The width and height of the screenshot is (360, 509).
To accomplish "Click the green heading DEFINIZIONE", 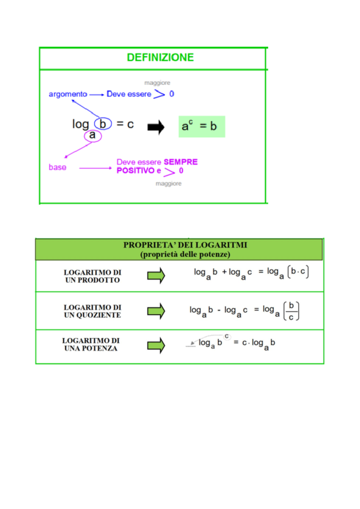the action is [x=160, y=57].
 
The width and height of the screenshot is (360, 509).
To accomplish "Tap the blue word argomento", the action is [x=68, y=94].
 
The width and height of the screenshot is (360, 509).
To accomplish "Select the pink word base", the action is [x=58, y=167].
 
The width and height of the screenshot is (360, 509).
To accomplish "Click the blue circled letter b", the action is [x=103, y=124].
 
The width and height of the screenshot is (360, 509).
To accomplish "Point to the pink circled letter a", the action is [x=93, y=136].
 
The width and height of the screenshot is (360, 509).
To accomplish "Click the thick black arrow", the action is [x=156, y=127].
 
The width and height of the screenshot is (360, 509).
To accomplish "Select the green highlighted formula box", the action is [x=202, y=127].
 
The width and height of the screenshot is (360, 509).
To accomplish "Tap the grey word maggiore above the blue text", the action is [x=157, y=83].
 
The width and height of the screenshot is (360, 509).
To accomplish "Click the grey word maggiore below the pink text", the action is [x=168, y=184].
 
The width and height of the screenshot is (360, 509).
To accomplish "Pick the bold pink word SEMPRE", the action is [x=181, y=162].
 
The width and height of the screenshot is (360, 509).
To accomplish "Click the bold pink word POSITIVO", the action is [x=135, y=170].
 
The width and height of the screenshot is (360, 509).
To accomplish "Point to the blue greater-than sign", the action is [x=159, y=94].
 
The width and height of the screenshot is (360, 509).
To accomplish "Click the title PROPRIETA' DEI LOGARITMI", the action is [x=185, y=245].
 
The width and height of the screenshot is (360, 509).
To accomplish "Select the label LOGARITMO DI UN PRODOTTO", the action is [x=92, y=276].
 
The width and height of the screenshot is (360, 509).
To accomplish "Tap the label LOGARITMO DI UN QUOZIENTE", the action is [x=92, y=311].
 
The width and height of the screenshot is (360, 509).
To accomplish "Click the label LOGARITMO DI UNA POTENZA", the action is [x=91, y=345].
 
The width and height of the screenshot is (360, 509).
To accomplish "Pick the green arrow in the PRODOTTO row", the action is [x=156, y=276].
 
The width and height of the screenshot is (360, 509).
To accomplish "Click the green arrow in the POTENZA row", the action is [x=156, y=345].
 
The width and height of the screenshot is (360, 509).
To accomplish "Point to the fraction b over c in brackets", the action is [x=291, y=311].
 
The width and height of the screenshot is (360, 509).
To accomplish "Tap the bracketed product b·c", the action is [x=298, y=272].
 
